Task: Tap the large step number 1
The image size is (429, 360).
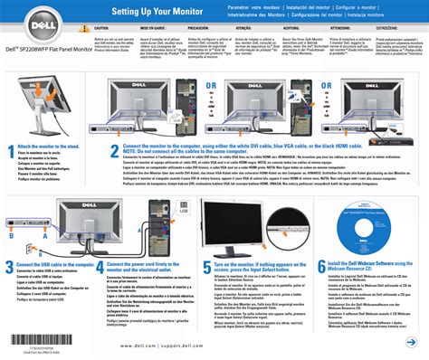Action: (x=10, y=152)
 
